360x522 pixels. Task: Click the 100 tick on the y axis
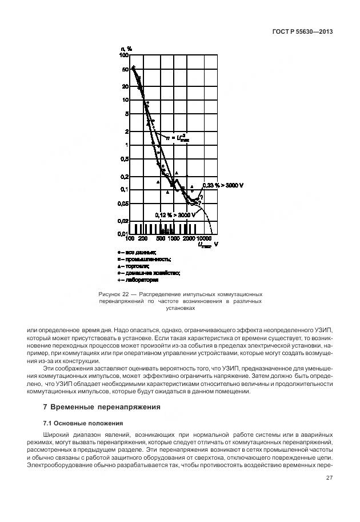(124, 55)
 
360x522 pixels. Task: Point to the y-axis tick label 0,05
(122, 204)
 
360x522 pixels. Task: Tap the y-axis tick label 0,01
(122, 234)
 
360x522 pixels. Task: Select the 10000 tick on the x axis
(204, 238)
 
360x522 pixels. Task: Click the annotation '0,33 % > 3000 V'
(223, 185)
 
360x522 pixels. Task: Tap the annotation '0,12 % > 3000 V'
(174, 215)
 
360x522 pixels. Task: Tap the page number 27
(329, 478)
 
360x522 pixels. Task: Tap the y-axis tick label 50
(124, 69)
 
